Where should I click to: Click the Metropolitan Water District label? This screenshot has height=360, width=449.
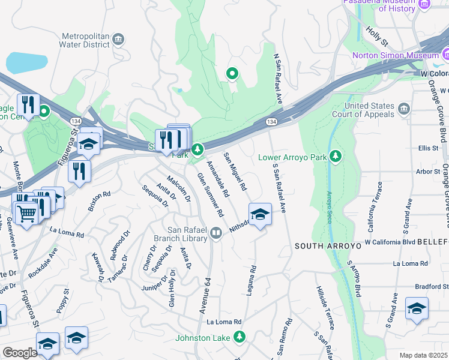tap(84, 39)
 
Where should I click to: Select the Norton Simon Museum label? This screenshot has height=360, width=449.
tap(397, 55)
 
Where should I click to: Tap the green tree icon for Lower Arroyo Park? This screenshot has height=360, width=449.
tap(336, 157)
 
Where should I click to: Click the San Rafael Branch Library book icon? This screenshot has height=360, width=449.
tap(216, 233)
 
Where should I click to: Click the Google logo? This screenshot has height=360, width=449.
tap(20, 353)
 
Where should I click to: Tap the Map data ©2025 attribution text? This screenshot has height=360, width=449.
tap(423, 355)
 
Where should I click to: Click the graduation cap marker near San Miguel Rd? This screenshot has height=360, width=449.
tap(260, 214)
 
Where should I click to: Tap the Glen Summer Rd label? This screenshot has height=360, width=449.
tap(211, 195)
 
